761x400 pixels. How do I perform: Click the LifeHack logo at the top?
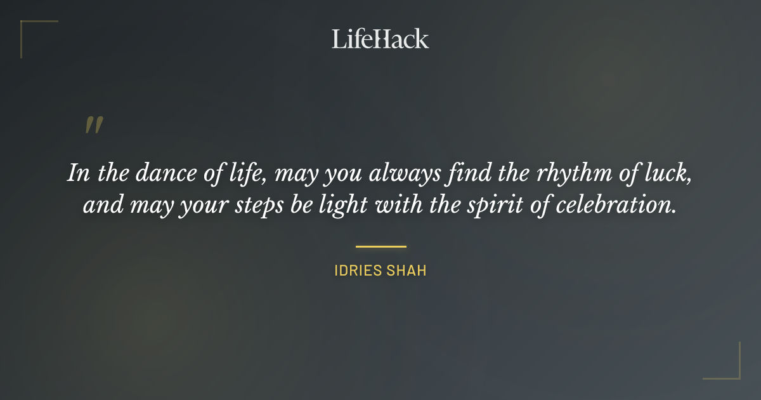[x=380, y=39]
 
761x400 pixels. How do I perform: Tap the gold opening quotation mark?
[x=94, y=125]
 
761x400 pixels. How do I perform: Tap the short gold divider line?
[x=380, y=246]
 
